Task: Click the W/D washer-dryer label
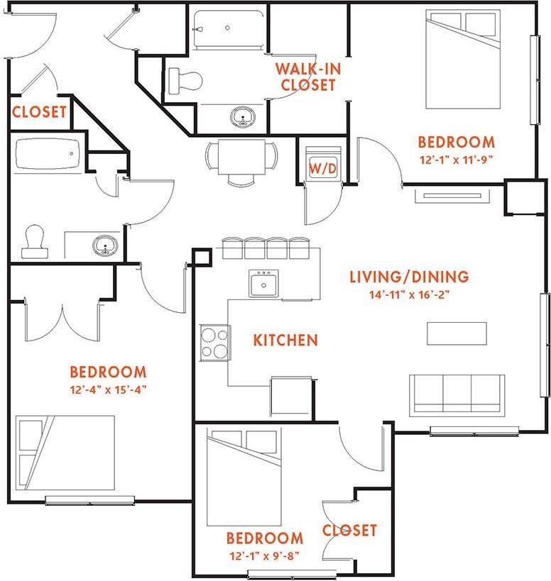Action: pos(323,169)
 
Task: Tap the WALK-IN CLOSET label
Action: pos(308,77)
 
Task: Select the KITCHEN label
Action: pos(285,340)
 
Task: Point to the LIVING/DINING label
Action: pos(410,277)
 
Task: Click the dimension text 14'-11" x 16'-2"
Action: pos(410,295)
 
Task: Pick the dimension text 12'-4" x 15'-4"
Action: pos(108,389)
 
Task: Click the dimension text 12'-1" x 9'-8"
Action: pos(264,555)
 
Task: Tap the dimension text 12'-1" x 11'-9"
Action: pos(456,160)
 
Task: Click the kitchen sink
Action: pos(263,284)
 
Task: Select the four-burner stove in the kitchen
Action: pos(215,343)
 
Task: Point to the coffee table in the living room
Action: pos(457,333)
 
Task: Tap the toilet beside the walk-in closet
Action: pos(185,80)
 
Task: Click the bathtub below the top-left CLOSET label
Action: pos(48,154)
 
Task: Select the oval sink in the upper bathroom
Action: pos(243,117)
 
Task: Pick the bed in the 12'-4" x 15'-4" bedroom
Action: pos(65,453)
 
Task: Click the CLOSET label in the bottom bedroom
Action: pos(349,530)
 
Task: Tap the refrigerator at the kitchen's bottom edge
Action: pos(291,395)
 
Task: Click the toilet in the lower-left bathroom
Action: pos(35,242)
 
